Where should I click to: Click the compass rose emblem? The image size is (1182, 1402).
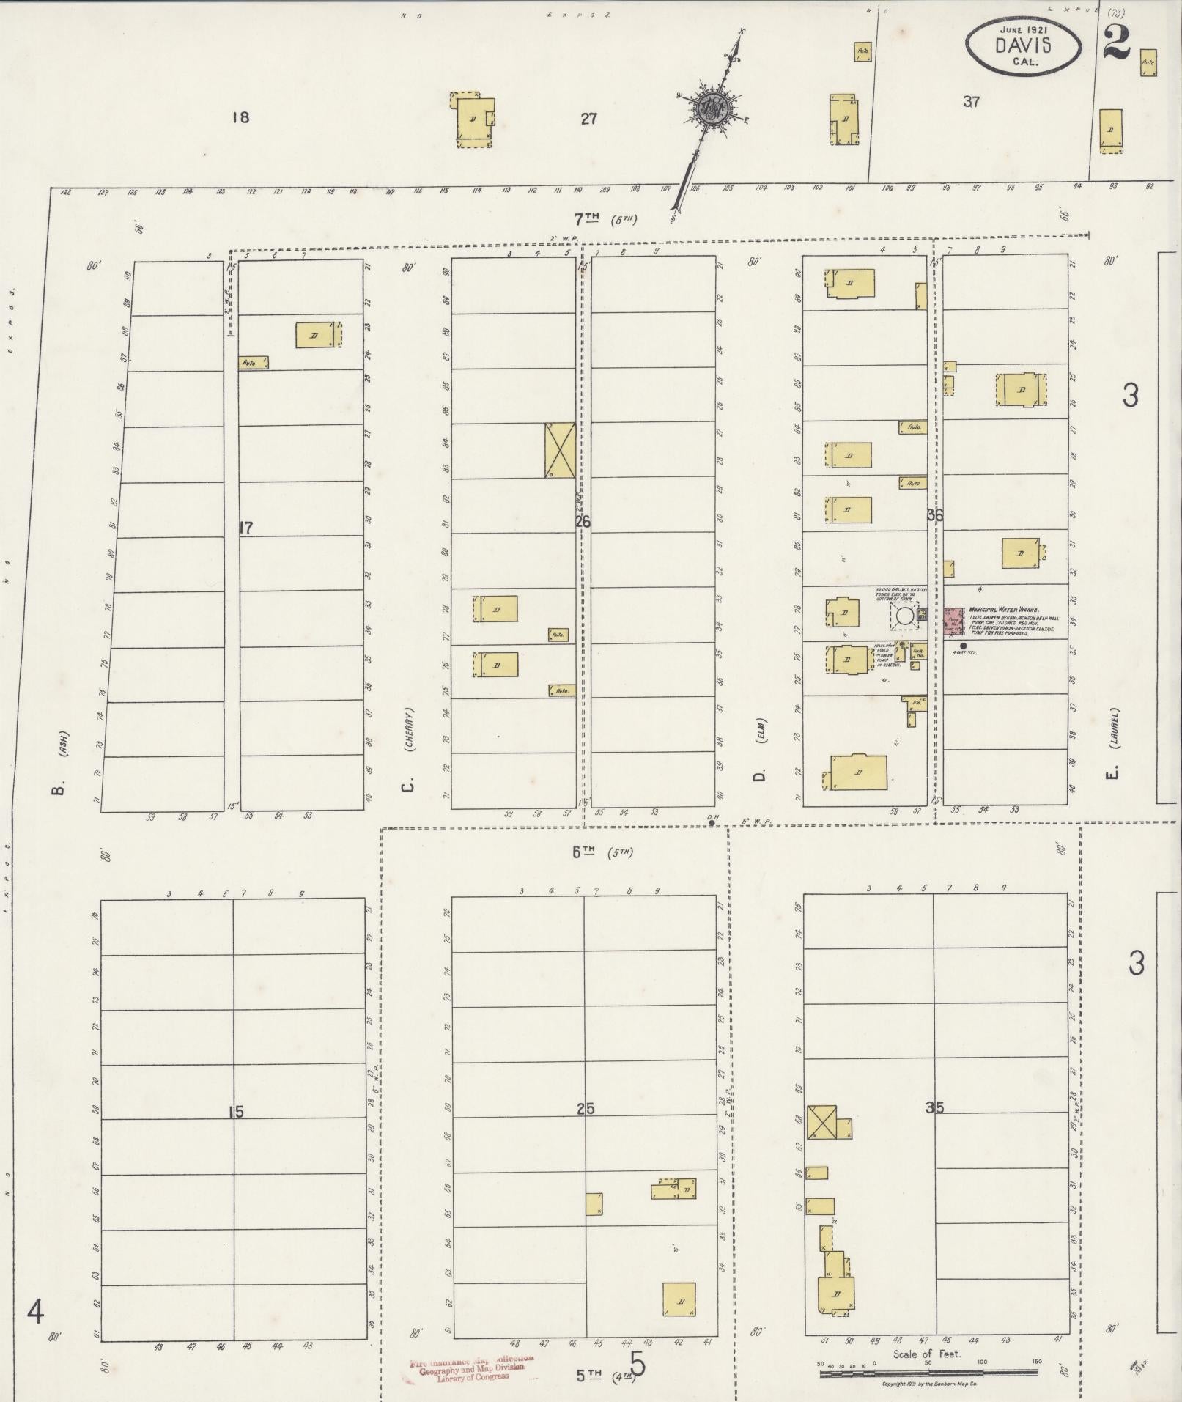[x=712, y=109]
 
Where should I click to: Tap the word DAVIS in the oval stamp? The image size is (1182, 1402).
[x=1022, y=45]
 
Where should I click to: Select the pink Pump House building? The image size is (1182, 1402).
[x=953, y=620]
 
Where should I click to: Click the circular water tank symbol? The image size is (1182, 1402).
[x=905, y=615]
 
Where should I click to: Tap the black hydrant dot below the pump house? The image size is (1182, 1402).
[x=963, y=646]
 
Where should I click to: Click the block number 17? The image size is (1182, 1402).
[x=245, y=527]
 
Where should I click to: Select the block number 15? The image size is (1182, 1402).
[x=235, y=1112]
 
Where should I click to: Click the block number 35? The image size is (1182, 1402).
[x=934, y=1107]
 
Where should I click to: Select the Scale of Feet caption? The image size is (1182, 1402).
[x=926, y=1354]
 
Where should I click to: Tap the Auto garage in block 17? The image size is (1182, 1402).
[x=253, y=362]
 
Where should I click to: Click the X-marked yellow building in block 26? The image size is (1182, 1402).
[x=558, y=449]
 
